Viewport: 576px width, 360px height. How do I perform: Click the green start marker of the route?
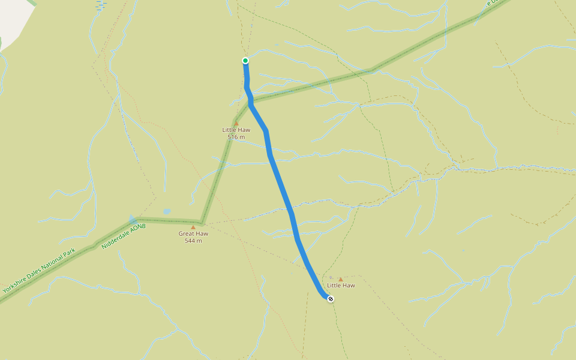[x=245, y=61]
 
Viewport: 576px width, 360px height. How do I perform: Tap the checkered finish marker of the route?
[x=331, y=298]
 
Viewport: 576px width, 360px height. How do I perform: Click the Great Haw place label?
[x=193, y=234]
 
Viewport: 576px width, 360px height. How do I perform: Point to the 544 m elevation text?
[x=193, y=241]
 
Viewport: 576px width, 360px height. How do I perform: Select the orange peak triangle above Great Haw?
[x=193, y=227]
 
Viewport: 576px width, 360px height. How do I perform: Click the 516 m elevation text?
[x=236, y=137]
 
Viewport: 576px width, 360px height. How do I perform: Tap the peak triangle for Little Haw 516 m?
[x=236, y=124]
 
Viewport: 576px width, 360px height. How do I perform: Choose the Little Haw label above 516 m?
[x=236, y=130]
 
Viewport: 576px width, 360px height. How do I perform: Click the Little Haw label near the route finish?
[x=341, y=286]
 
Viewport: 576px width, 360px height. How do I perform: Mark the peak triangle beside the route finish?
[x=341, y=279]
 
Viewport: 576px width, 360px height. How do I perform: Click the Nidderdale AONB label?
[x=124, y=236]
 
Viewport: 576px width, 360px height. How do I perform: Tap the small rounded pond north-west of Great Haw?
[x=166, y=212]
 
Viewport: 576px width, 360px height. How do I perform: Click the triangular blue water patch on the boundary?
[x=132, y=220]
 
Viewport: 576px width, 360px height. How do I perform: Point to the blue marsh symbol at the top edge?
[x=100, y=4]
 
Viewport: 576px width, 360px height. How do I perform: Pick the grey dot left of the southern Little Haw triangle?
[x=331, y=278]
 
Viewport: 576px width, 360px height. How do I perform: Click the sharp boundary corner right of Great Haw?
[x=203, y=221]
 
